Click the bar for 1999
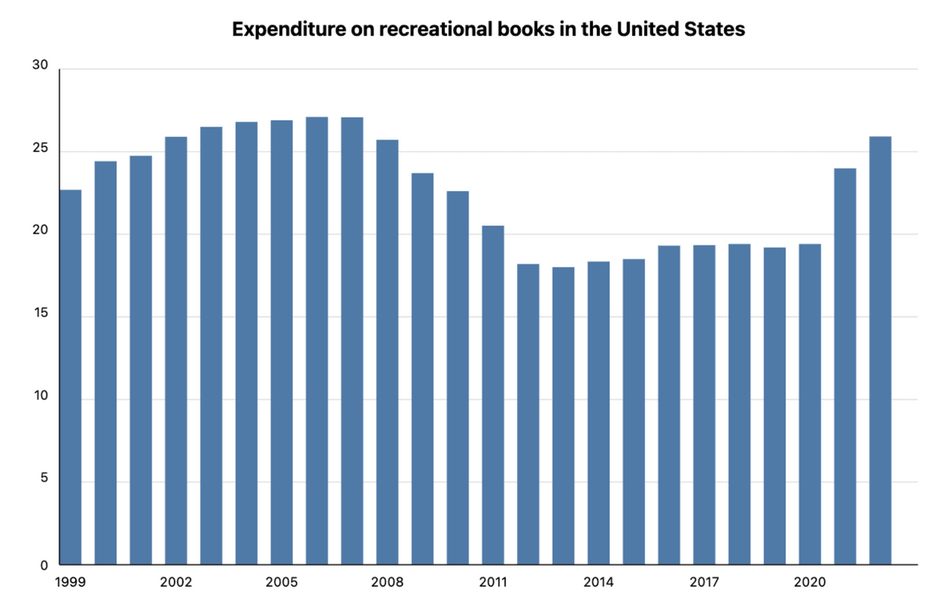pyautogui.click(x=70, y=377)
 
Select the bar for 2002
pyautogui.click(x=176, y=351)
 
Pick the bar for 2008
pyautogui.click(x=387, y=352)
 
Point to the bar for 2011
pyautogui.click(x=493, y=395)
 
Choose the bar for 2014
pyautogui.click(x=598, y=413)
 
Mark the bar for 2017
pyautogui.click(x=704, y=405)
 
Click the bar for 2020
pyautogui.click(x=809, y=404)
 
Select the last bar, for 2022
pyautogui.click(x=879, y=351)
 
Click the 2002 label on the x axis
pyautogui.click(x=176, y=582)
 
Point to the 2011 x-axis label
pyautogui.click(x=493, y=582)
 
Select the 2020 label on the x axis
pyautogui.click(x=809, y=582)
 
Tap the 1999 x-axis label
pyautogui.click(x=70, y=582)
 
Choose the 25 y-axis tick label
pyautogui.click(x=41, y=149)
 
